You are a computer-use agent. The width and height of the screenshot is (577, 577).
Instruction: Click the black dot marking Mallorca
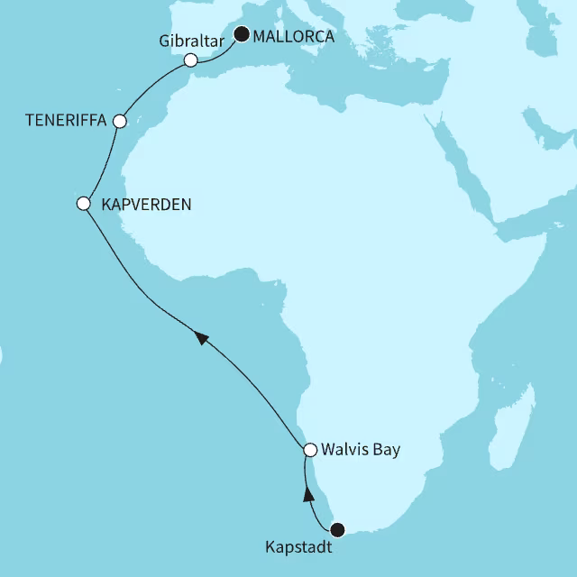click(242, 35)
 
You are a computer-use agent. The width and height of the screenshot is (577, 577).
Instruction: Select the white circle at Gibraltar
click(190, 60)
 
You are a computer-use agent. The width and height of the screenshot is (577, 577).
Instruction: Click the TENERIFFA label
click(65, 120)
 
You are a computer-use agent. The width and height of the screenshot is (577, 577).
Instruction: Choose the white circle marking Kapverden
click(83, 204)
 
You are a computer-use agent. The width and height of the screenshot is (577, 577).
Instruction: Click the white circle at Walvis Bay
click(309, 449)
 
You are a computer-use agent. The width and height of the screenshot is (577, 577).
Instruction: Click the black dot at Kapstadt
click(338, 529)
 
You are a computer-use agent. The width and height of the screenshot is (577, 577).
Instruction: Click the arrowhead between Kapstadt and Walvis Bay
click(307, 493)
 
